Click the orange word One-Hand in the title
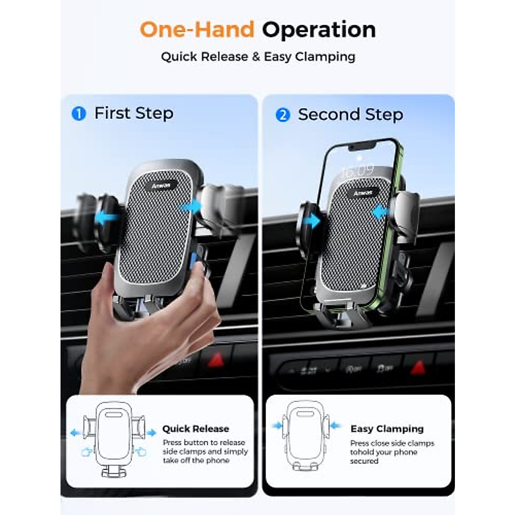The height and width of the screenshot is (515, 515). coord(197,30)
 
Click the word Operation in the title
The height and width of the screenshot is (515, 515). coord(319,30)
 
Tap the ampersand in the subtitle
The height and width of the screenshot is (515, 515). coord(256,57)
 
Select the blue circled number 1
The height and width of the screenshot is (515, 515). coord(79,114)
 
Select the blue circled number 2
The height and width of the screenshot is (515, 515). coord(283,115)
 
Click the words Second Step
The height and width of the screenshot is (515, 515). coord(350,115)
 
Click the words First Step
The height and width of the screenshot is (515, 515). coord(134,113)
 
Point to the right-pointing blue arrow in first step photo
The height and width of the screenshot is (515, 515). coord(191,207)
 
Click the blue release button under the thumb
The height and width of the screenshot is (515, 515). coord(194,259)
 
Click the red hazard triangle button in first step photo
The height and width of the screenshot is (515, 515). coord(216,360)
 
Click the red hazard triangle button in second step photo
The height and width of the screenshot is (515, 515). coord(417,367)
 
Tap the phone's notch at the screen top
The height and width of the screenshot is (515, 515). coord(362,146)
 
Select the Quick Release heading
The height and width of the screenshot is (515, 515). coord(195,429)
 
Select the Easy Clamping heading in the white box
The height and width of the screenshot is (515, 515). coord(387,429)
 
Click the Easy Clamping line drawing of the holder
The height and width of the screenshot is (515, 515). coord(306,436)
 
